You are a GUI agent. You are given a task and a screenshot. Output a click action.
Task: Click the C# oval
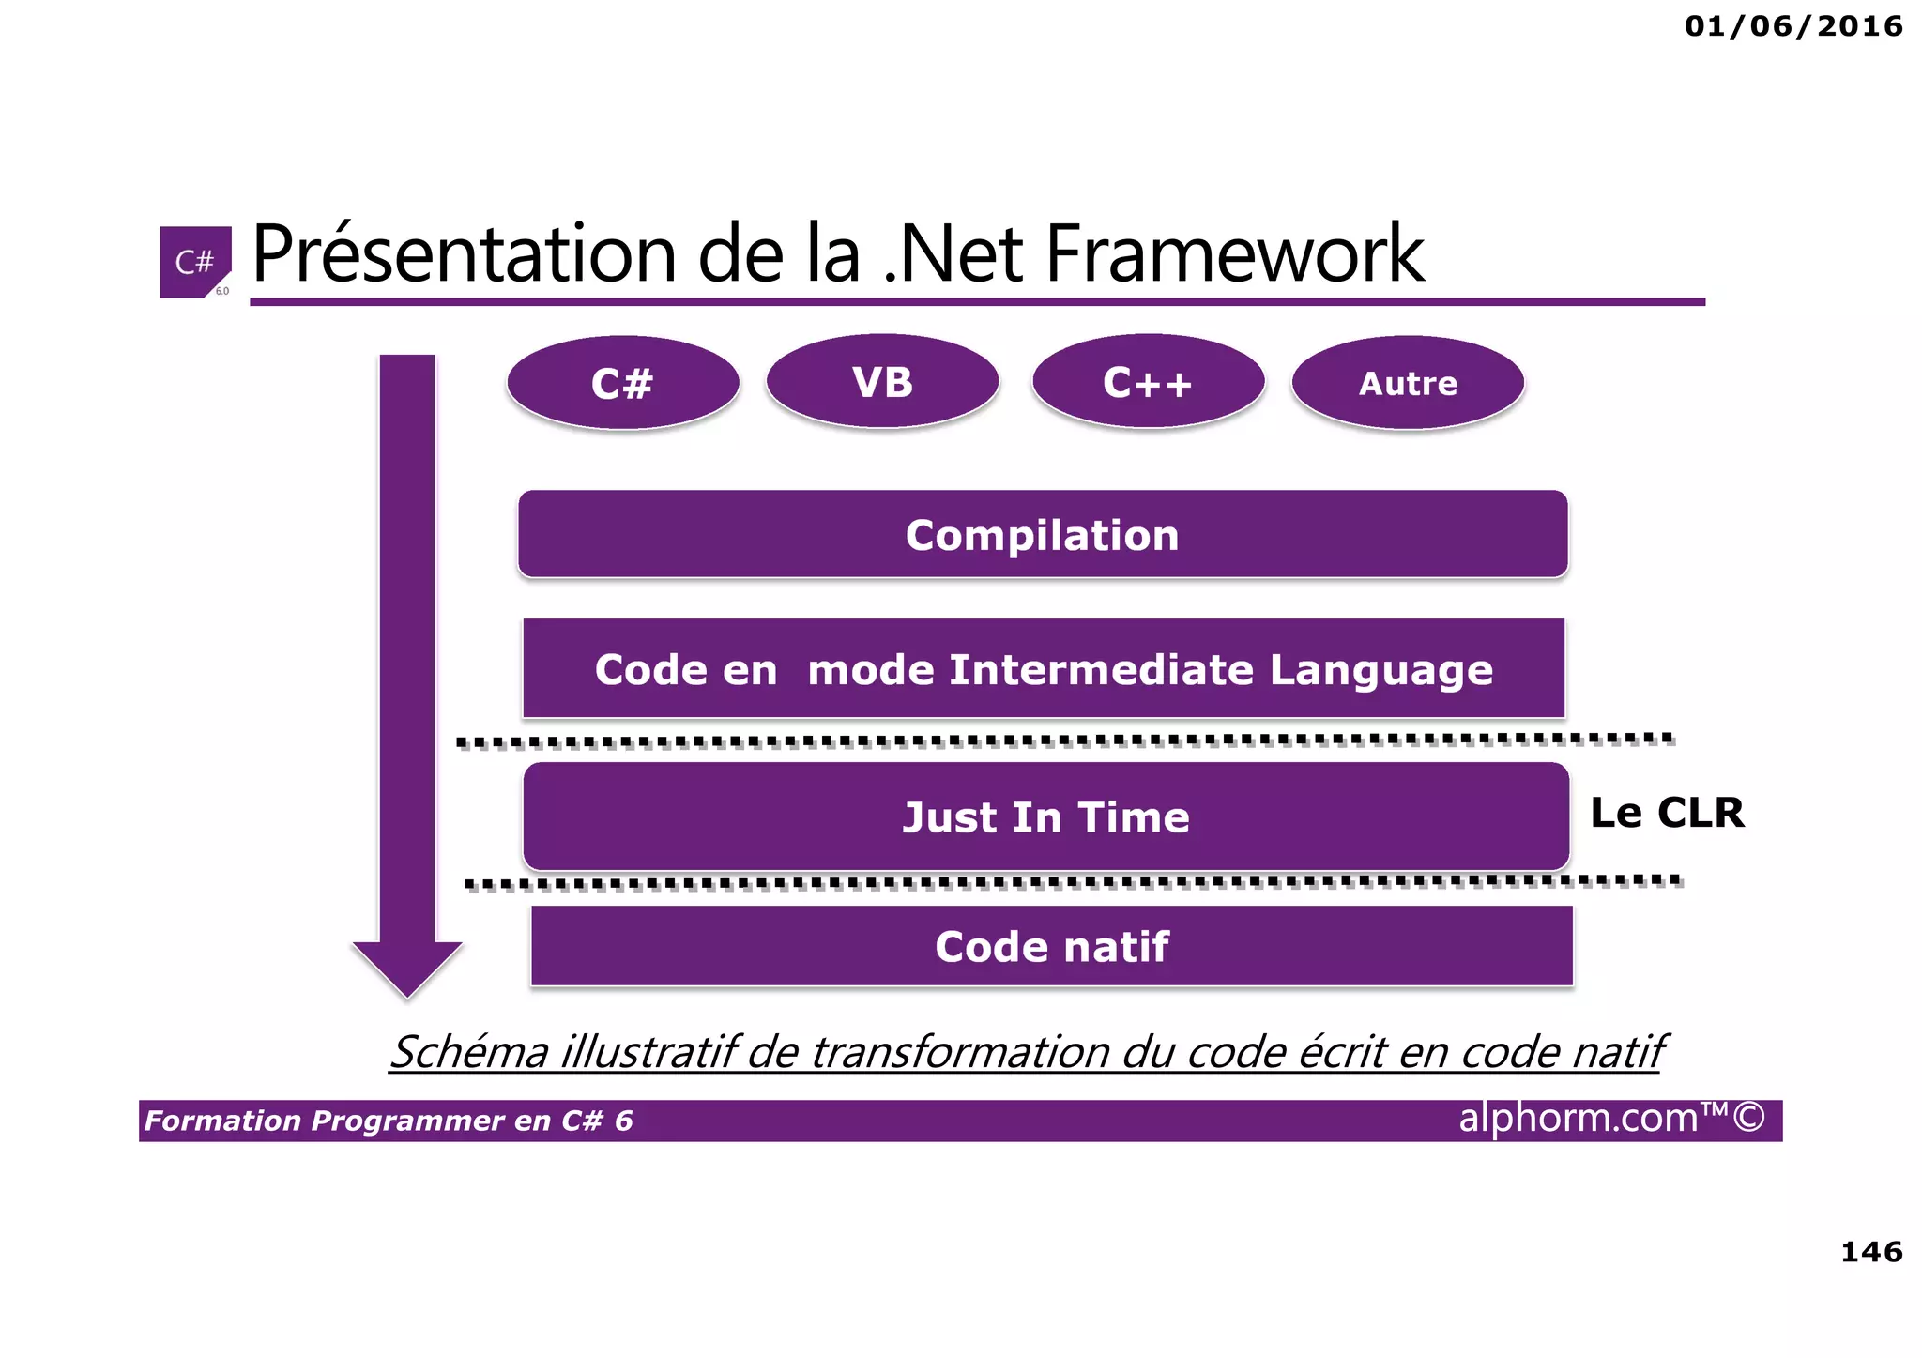[x=622, y=383]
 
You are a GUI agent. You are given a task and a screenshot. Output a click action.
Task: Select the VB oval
[x=882, y=382]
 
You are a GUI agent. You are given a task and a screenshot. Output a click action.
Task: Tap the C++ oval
[x=1148, y=382]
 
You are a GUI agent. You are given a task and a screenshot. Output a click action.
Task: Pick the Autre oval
[x=1408, y=383]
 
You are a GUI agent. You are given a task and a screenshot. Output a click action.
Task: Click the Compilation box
[x=1042, y=535]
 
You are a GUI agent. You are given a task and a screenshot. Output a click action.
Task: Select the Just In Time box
[x=1045, y=817]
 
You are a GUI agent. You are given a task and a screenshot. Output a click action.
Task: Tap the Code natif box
[x=1051, y=946]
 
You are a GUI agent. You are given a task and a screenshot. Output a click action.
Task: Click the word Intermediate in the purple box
[x=1101, y=670]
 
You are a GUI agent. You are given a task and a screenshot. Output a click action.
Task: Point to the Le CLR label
[x=1667, y=813]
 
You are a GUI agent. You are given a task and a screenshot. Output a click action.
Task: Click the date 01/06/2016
[x=1793, y=25]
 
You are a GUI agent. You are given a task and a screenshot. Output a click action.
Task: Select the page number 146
[x=1871, y=1251]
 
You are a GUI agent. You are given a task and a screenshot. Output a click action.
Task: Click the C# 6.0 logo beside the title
[x=195, y=262]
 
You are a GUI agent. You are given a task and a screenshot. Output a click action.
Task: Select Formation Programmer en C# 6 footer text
[x=389, y=1121]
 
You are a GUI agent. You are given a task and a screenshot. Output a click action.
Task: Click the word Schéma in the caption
[x=469, y=1052]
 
